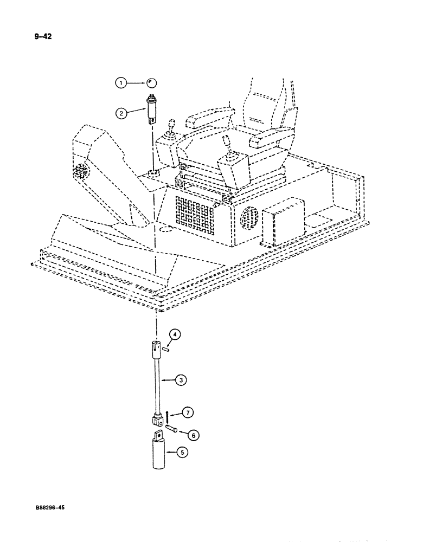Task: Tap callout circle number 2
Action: (x=121, y=113)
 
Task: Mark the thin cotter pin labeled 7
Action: (x=169, y=416)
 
